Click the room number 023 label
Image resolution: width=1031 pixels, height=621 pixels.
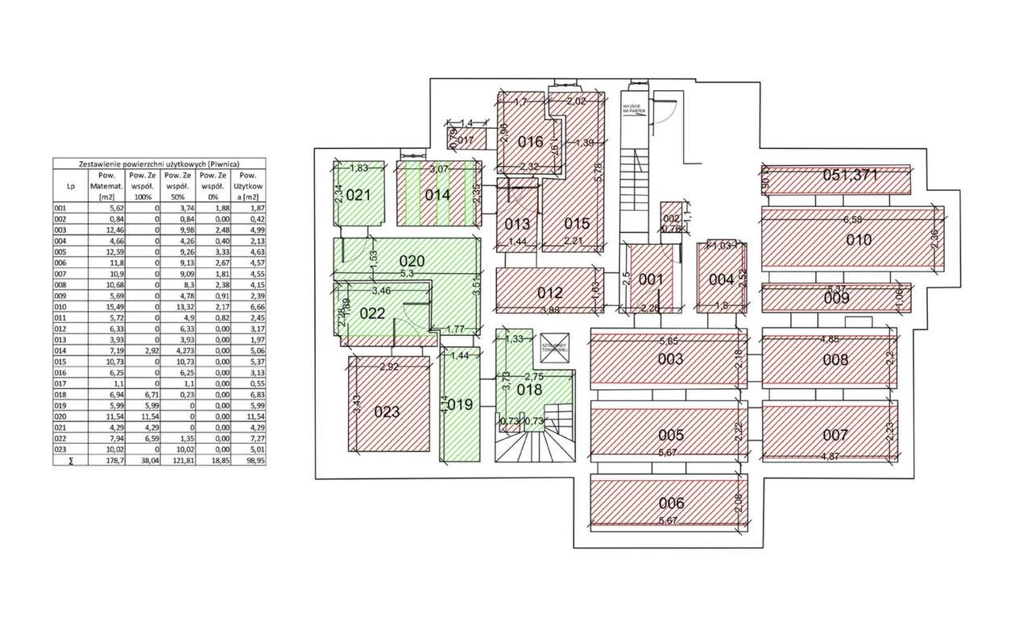point(387,412)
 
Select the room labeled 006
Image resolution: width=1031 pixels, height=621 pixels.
point(670,503)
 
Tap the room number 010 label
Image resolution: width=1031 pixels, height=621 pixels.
point(859,240)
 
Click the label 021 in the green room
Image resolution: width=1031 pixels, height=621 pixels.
point(358,195)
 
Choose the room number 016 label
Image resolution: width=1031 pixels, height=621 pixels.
point(530,142)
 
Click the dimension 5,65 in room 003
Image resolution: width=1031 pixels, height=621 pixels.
point(669,341)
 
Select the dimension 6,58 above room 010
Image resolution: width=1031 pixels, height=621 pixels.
point(853,219)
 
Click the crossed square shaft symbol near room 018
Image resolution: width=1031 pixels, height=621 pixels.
point(555,345)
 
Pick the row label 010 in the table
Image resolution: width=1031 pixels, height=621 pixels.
point(60,308)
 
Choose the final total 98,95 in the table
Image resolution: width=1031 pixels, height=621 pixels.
point(248,460)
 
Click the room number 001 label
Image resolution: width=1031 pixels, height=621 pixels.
point(650,280)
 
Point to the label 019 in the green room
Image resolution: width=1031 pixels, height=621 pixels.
point(458,404)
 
